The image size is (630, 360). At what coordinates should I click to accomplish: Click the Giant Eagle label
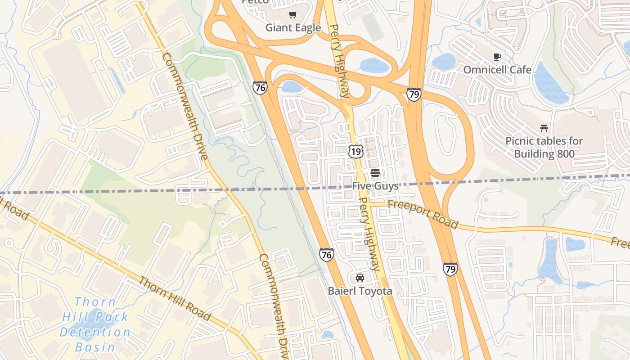(x=293, y=27)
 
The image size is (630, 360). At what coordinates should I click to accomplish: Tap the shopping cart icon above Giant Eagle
(x=293, y=15)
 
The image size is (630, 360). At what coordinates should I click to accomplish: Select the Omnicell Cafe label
(x=497, y=70)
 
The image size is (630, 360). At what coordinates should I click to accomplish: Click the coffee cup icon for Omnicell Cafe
(x=497, y=57)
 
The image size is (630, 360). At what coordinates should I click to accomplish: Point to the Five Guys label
(x=375, y=186)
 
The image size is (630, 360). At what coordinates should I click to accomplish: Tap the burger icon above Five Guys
(x=375, y=173)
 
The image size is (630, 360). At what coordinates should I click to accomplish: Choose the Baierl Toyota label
(x=360, y=291)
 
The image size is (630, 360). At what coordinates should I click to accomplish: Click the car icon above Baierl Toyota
(x=360, y=277)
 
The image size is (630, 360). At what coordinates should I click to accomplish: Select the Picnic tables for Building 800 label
(x=544, y=147)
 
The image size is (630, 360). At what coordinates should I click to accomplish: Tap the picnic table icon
(x=544, y=128)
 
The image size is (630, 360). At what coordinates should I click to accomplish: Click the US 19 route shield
(x=355, y=151)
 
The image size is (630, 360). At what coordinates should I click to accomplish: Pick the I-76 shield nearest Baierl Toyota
(x=327, y=255)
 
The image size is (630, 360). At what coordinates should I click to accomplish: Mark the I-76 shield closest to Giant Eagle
(x=259, y=87)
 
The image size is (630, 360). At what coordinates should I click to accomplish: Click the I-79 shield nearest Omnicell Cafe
(x=414, y=94)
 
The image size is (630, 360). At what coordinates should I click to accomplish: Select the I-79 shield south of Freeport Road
(x=450, y=269)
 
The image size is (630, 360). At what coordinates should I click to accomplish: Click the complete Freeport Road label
(x=423, y=214)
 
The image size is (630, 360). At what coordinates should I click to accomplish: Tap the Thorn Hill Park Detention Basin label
(x=95, y=324)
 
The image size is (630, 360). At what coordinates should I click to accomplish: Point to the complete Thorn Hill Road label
(x=175, y=298)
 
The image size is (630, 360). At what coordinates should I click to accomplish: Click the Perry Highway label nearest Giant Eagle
(x=339, y=61)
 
